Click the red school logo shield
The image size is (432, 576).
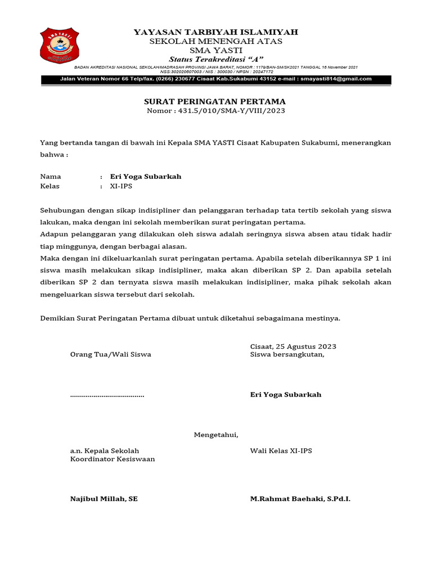click(x=60, y=46)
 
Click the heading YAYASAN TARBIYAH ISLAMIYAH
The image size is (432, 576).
click(x=216, y=32)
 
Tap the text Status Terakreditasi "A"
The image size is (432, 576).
click(x=216, y=60)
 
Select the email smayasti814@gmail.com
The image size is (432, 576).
click(x=336, y=79)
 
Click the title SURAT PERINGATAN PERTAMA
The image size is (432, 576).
click(x=216, y=101)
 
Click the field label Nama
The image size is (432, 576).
click(x=51, y=177)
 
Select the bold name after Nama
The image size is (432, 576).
click(x=146, y=177)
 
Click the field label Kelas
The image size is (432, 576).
click(x=50, y=186)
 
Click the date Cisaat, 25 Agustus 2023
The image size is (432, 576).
click(x=293, y=346)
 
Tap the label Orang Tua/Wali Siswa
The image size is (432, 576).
click(x=110, y=354)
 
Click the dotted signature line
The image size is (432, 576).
click(x=107, y=395)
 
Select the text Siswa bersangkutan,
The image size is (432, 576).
click(x=287, y=354)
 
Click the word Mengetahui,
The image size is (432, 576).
click(x=216, y=435)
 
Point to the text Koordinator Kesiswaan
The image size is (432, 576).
click(x=112, y=459)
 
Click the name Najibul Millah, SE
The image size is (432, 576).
click(x=104, y=499)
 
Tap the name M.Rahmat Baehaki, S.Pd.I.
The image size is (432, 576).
click(x=300, y=499)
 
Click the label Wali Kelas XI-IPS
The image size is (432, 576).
click(x=281, y=451)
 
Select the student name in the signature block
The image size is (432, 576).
click(x=286, y=395)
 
